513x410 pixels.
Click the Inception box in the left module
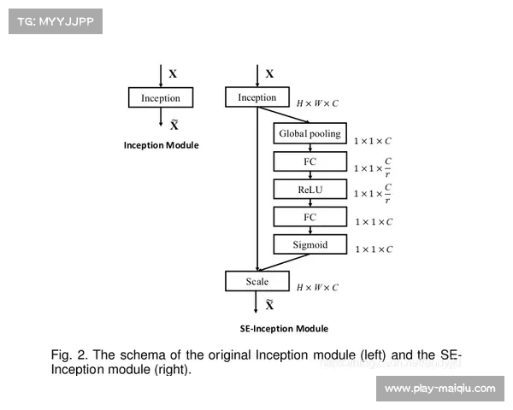(x=161, y=98)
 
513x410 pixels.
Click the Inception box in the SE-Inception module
(x=257, y=97)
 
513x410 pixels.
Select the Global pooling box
(x=310, y=134)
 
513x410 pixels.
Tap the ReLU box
(x=310, y=190)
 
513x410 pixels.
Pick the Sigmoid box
(x=310, y=245)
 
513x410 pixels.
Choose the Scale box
(x=257, y=282)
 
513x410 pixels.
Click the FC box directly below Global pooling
(x=310, y=161)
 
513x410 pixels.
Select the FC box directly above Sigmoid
(x=310, y=217)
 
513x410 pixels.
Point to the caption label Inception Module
(x=162, y=145)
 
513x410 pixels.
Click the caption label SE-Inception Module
(x=284, y=329)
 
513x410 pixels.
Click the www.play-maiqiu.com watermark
(x=439, y=389)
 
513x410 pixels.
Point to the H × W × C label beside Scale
(x=317, y=288)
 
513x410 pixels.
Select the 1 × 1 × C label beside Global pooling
(x=374, y=140)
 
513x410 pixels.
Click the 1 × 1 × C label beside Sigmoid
(x=374, y=249)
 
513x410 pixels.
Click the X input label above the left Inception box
(x=173, y=74)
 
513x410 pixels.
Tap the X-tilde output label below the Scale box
(x=269, y=305)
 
